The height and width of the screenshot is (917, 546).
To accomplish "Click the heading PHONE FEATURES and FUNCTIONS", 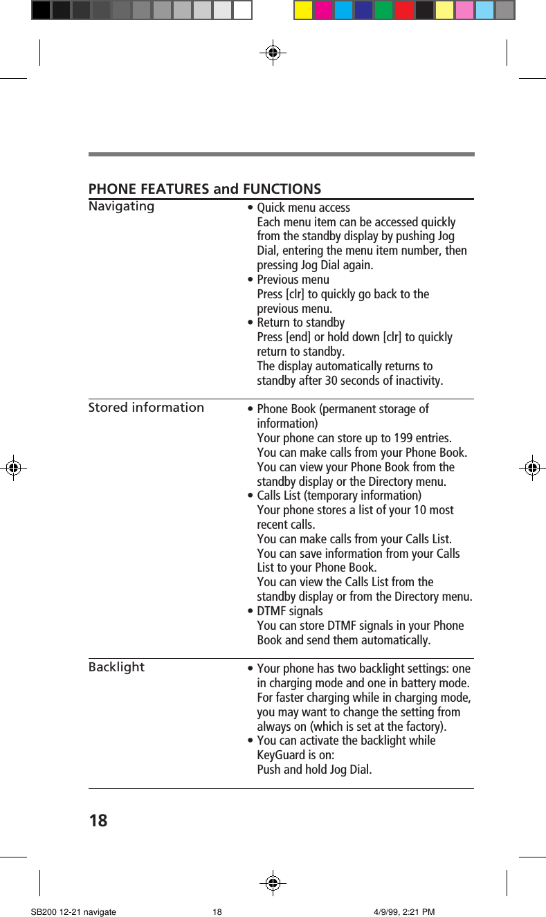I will [205, 189].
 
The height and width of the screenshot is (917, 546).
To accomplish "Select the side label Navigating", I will [121, 206].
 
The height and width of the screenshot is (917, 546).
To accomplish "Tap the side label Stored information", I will [146, 407].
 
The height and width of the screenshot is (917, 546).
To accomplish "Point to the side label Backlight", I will [116, 666].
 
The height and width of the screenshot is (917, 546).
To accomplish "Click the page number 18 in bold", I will [98, 821].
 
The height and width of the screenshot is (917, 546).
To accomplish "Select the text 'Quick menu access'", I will [303, 208].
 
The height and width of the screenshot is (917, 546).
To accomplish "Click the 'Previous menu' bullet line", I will [293, 280].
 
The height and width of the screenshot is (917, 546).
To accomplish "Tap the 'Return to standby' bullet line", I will [300, 323].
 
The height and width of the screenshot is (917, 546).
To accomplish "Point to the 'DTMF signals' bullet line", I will [289, 611].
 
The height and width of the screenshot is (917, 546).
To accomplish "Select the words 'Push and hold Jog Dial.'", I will [314, 770].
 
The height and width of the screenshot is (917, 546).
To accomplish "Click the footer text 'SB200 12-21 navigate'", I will [73, 911].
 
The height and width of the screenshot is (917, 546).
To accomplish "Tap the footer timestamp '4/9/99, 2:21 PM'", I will [403, 911].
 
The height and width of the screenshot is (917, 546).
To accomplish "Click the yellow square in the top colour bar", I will [303, 10].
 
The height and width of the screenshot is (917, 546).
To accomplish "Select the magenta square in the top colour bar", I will [323, 10].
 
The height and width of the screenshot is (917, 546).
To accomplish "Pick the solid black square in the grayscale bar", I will [41, 10].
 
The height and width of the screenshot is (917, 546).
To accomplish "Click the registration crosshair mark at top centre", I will [273, 52].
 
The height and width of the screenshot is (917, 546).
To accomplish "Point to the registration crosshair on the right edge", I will [531, 468].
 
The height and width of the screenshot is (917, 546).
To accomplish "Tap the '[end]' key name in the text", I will [298, 337].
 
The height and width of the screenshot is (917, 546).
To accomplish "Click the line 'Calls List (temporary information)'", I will [338, 496].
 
